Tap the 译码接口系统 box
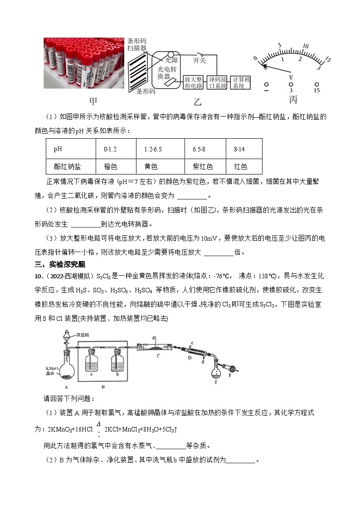[x=217, y=82]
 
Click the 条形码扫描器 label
[x=136, y=44]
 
